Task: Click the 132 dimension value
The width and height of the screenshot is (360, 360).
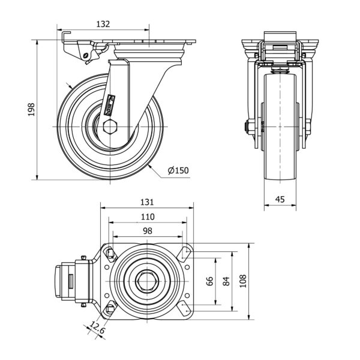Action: pos(103,24)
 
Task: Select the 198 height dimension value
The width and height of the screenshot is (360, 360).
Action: pos(32,110)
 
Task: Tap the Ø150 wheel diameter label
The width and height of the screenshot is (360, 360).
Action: pos(178,170)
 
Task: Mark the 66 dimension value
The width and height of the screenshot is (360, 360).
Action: pos(210,281)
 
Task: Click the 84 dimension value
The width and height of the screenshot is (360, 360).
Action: pos(226,281)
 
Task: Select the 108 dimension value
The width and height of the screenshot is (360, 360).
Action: pos(242,281)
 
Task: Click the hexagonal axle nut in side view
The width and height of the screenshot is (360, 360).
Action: pos(110,127)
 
